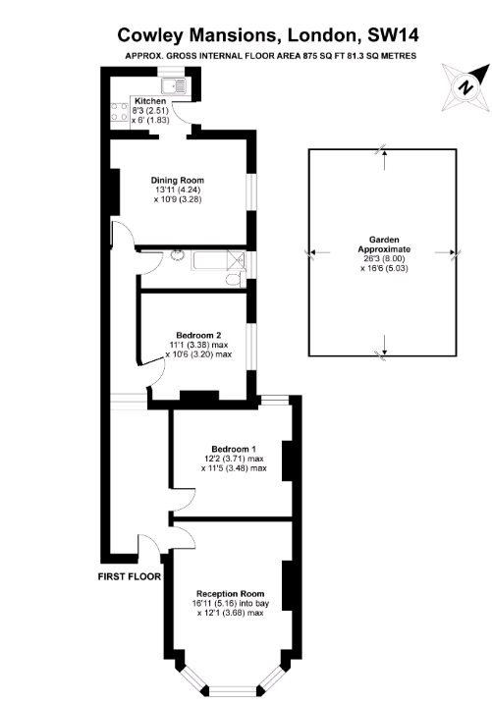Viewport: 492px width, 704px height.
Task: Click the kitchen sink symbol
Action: pos(174,85)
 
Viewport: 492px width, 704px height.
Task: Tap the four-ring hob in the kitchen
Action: pos(120,112)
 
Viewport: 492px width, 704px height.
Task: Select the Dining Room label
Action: pos(178,180)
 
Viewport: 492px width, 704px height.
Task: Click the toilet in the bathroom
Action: pos(236,280)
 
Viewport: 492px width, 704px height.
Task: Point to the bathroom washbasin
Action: pos(176,255)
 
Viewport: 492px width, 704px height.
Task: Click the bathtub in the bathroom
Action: pos(219,261)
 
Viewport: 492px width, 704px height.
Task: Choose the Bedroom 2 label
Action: pos(198,335)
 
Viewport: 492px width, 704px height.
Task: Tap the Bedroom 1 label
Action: pos(234,449)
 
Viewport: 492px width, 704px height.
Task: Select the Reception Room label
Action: pos(231,594)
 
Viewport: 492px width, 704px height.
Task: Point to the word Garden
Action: pos(384,240)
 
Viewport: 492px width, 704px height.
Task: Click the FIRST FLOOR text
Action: pos(130,576)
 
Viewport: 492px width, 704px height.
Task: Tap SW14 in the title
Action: pos(393,34)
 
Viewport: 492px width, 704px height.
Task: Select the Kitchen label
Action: pos(150,101)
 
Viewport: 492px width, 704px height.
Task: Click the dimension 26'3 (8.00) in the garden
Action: pos(384,258)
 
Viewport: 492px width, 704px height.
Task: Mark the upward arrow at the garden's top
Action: pos(384,160)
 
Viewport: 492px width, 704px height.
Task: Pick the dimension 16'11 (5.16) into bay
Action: pos(231,603)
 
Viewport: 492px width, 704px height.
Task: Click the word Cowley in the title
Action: pos(150,35)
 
